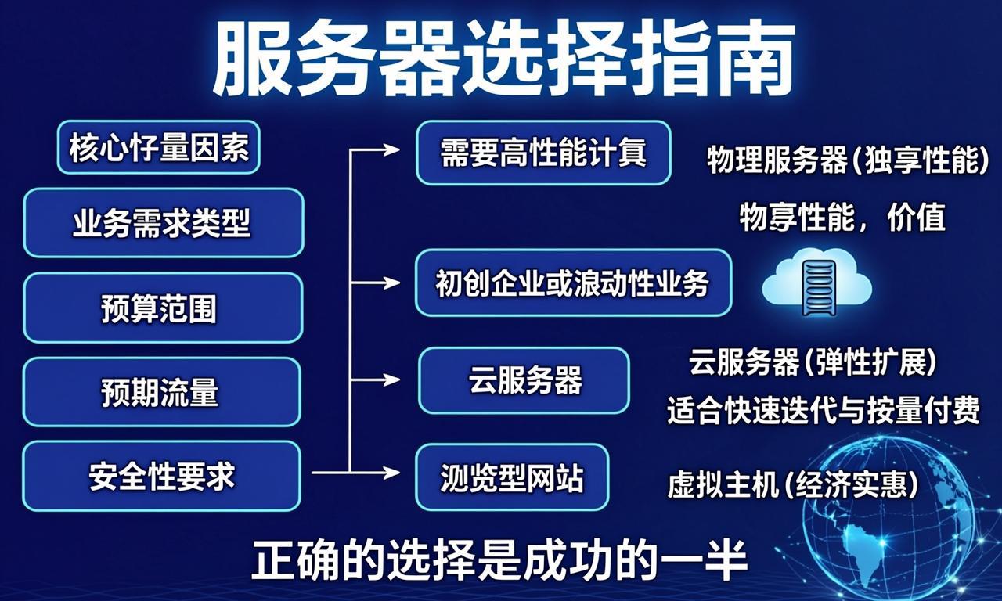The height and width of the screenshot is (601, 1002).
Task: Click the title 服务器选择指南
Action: [x=501, y=59]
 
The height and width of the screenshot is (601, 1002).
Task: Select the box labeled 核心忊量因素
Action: [x=158, y=147]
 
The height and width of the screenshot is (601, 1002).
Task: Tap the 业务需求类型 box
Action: [x=163, y=223]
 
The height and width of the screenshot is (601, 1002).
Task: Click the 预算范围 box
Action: [x=163, y=308]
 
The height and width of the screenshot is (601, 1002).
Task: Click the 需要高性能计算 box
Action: [x=543, y=153]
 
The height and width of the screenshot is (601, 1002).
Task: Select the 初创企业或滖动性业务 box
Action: [x=573, y=283]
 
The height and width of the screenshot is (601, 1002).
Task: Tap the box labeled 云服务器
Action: [x=524, y=381]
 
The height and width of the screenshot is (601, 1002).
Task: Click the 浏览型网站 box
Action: [x=512, y=477]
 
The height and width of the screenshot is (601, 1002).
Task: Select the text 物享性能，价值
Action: [x=842, y=218]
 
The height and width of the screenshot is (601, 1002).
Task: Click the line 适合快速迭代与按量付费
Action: [x=823, y=410]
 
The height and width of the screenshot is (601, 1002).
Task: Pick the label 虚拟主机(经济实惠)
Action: [x=792, y=485]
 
